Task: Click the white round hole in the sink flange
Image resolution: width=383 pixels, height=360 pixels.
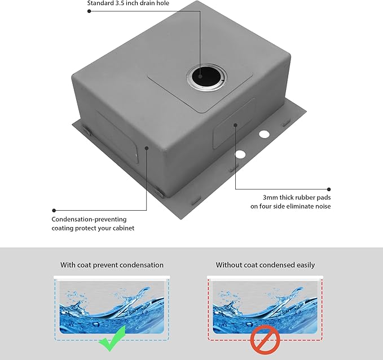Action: pos(240,154)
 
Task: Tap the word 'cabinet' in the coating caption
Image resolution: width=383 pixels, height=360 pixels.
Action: pos(122,228)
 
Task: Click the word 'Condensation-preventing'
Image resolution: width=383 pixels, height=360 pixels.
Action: pos(89,219)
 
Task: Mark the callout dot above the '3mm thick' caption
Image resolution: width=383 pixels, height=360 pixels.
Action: pos(329,189)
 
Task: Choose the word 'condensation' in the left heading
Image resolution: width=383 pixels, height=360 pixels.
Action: pos(141,265)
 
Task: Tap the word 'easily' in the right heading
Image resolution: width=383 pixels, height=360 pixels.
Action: pos(305,265)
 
